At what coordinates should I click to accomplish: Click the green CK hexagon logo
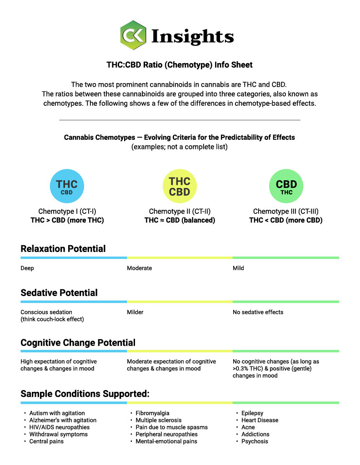133,35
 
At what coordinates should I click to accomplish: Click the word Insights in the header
192,36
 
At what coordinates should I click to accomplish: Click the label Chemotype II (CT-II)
180,212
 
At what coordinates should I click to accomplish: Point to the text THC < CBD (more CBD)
286,220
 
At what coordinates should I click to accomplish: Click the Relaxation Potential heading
63,249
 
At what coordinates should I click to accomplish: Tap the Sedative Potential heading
59,293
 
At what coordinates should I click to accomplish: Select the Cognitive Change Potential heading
78,342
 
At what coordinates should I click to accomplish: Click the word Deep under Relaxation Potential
27,268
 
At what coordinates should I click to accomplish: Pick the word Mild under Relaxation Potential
238,268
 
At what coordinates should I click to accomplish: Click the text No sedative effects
258,312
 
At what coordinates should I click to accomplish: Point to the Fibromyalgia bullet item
153,413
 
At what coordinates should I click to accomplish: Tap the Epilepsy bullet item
252,413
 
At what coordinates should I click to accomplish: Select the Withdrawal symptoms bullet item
59,435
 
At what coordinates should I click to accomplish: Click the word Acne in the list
248,427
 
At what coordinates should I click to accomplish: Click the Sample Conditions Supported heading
85,393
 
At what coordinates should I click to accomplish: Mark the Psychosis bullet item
255,441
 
